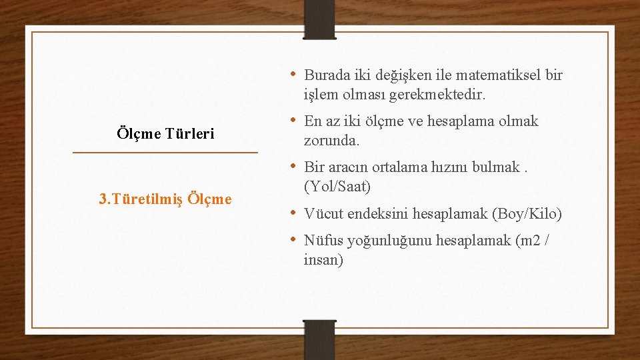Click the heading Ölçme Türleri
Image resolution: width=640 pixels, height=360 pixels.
click(165, 133)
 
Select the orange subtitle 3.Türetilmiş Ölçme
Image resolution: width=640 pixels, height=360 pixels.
click(165, 199)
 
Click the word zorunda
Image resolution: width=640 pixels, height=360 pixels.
click(331, 141)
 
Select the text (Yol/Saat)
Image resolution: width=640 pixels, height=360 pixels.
click(337, 187)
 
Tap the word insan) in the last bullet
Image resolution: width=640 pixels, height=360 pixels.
click(323, 260)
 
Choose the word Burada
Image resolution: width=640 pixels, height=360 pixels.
click(328, 75)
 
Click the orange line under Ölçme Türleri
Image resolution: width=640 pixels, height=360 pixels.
click(165, 153)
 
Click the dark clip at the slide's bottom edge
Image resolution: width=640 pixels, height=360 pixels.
click(319, 339)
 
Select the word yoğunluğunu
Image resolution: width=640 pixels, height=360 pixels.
click(388, 240)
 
